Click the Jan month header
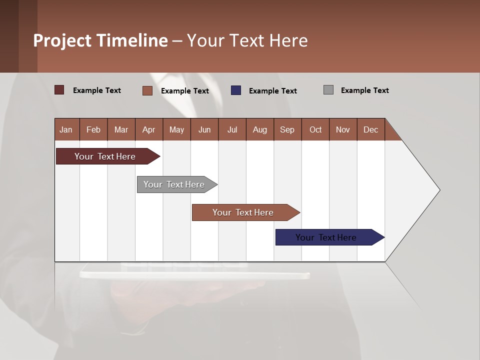pyautogui.click(x=66, y=129)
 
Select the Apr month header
pyautogui.click(x=149, y=129)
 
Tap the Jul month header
pyautogui.click(x=232, y=129)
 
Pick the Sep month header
pyautogui.click(x=287, y=129)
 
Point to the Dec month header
pyautogui.click(x=370, y=129)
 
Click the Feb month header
pyautogui.click(x=93, y=129)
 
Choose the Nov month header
pyautogui.click(x=342, y=129)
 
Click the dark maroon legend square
pyautogui.click(x=59, y=90)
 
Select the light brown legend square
pyautogui.click(x=147, y=90)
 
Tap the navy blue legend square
pyautogui.click(x=236, y=90)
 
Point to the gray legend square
pyautogui.click(x=328, y=90)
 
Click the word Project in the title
pyautogui.click(x=62, y=40)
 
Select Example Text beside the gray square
pyautogui.click(x=364, y=90)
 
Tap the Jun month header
pyautogui.click(x=204, y=129)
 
